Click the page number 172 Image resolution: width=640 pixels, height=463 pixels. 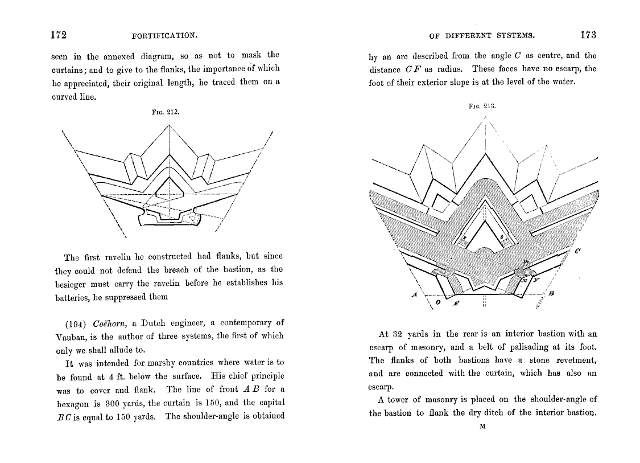point(59,35)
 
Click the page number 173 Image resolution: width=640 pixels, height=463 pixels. point(588,35)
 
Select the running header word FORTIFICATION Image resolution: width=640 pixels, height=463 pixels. point(164,35)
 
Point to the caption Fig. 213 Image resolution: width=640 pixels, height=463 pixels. point(482,106)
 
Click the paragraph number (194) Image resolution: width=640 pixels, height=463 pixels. point(76,323)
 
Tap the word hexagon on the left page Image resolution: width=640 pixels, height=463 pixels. point(72,403)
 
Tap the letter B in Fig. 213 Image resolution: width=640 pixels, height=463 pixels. point(551,293)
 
